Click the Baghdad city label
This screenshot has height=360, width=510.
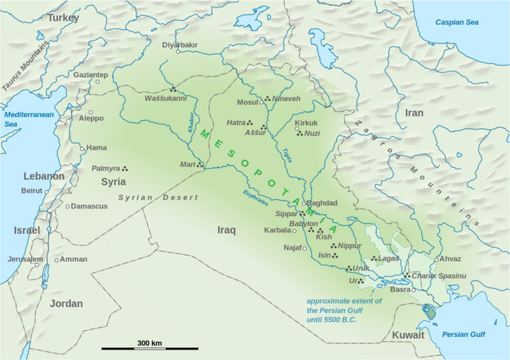pyautogui.click(x=322, y=203)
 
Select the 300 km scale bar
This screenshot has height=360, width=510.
pyautogui.click(x=149, y=349)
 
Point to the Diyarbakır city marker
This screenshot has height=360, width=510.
pyautogui.click(x=178, y=51)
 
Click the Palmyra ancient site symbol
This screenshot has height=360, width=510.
pyautogui.click(x=125, y=169)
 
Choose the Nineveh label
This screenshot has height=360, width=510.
pyautogui.click(x=286, y=99)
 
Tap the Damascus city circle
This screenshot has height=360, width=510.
pyautogui.click(x=68, y=206)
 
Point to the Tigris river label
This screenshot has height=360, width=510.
pyautogui.click(x=286, y=155)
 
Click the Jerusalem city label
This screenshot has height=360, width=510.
pyautogui.click(x=25, y=259)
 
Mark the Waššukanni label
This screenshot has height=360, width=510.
pyautogui.click(x=166, y=99)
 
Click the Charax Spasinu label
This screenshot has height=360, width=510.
pyautogui.click(x=440, y=275)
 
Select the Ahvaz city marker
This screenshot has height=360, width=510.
pyautogui.click(x=436, y=260)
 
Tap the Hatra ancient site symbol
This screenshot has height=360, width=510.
pyautogui.click(x=250, y=122)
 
